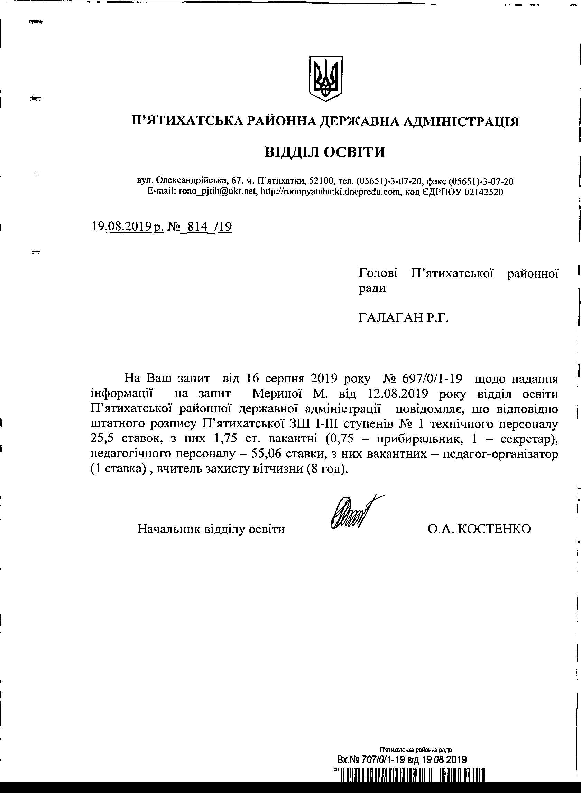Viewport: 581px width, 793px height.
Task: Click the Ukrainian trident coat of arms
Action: click(325, 78)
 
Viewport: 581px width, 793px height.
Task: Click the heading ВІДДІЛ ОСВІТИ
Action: click(325, 152)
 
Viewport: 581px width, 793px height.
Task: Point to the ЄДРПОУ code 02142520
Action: click(483, 192)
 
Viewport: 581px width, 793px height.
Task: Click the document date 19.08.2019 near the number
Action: click(121, 226)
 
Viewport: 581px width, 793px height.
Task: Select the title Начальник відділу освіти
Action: click(211, 529)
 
